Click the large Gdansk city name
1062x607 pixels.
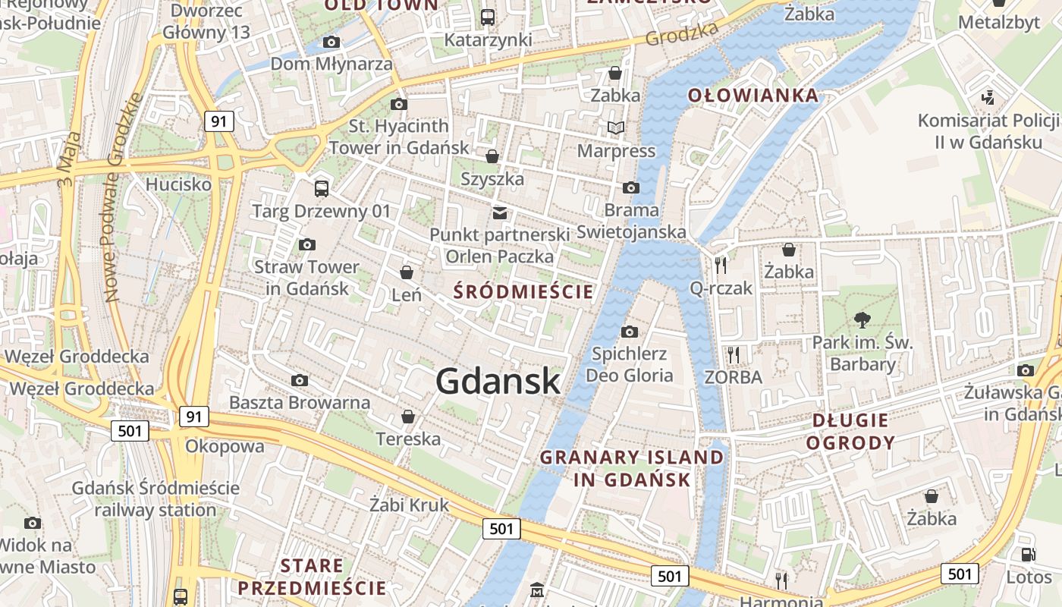[x=498, y=381]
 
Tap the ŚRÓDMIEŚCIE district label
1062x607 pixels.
[x=523, y=291]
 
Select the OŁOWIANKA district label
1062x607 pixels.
[x=753, y=96]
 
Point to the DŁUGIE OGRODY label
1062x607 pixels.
[x=850, y=432]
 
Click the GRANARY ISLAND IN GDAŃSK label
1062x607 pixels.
[x=632, y=468]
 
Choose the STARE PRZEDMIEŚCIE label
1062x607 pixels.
[x=312, y=577]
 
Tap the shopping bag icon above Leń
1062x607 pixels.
[x=407, y=272]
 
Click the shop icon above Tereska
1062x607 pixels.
[x=408, y=417]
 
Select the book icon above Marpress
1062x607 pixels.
[x=616, y=127]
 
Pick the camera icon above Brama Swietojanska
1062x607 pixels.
[x=630, y=187]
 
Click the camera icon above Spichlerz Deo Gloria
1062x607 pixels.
[x=629, y=332]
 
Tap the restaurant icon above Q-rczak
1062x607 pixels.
[x=721, y=265]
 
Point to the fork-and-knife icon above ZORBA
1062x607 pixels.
[x=733, y=354]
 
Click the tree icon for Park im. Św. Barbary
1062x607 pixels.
[x=862, y=319]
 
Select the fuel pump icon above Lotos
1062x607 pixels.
[x=1028, y=555]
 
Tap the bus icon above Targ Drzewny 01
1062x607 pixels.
[x=322, y=188]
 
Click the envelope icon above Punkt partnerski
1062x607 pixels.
[x=500, y=212]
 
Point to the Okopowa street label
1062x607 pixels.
[x=225, y=445]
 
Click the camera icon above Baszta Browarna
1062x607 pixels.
[x=300, y=380]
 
